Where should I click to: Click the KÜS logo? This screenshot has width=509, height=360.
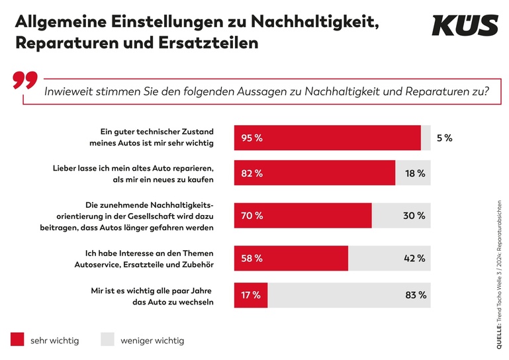click(465, 26)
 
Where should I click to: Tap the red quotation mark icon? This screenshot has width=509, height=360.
click(25, 81)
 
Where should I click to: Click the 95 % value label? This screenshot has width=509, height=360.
click(252, 138)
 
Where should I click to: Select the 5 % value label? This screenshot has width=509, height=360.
click(444, 138)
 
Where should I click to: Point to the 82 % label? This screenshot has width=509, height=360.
click(252, 174)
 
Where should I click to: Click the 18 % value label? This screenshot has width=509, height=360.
click(414, 174)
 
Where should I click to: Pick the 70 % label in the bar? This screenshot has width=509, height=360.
click(252, 216)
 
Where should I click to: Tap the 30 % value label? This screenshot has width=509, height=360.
click(414, 216)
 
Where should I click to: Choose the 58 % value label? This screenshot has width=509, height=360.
click(252, 258)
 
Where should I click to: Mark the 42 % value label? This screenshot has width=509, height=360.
click(414, 258)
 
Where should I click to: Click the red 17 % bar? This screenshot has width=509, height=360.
click(252, 295)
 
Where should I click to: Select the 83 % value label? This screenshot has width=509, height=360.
click(416, 295)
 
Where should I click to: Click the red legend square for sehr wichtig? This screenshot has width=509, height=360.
click(18, 339)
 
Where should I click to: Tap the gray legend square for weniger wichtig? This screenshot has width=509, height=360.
click(108, 339)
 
